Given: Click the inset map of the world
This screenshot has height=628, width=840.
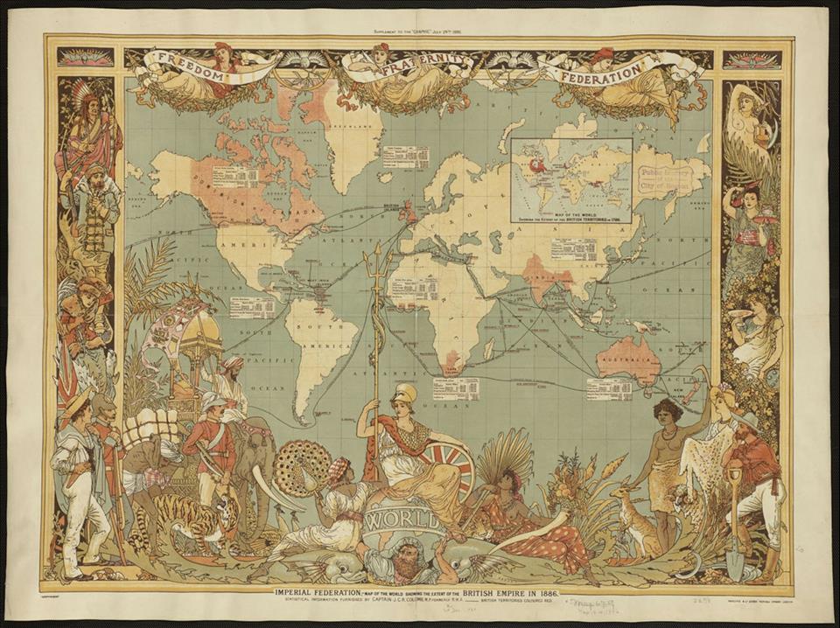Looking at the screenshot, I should coord(571,179).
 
